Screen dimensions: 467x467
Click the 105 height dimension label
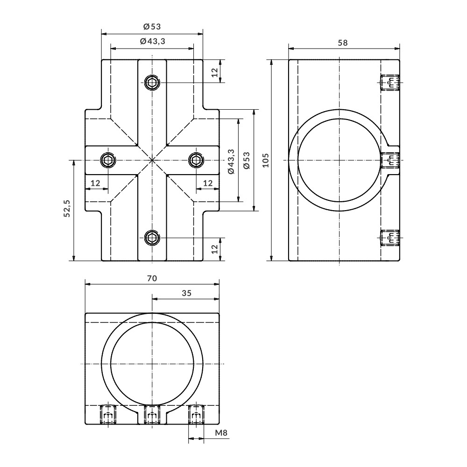(266, 160)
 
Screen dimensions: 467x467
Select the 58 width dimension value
(343, 43)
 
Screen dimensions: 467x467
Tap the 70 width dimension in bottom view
(152, 278)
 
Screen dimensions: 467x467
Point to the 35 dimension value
(186, 293)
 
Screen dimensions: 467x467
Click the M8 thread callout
(221, 432)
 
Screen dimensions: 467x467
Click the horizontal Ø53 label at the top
(152, 27)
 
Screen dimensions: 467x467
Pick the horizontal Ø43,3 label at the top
(153, 41)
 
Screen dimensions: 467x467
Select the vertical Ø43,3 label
(232, 162)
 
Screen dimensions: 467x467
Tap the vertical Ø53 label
(247, 161)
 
